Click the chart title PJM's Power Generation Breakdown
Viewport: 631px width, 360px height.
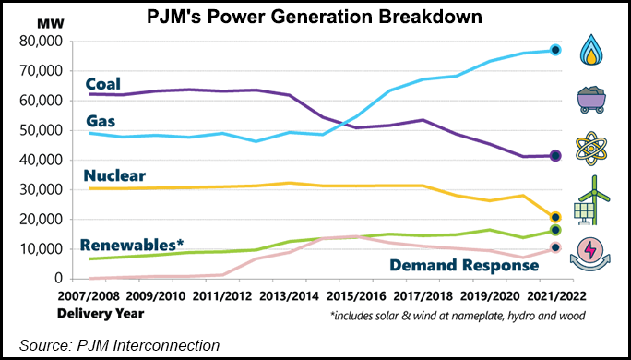coord(315,17)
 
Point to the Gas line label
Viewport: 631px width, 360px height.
coord(101,121)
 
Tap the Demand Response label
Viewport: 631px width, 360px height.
coord(474,266)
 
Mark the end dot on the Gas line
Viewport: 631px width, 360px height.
coord(555,51)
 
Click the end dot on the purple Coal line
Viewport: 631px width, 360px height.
coord(555,156)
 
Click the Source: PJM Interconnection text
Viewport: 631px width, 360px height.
coord(115,344)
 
